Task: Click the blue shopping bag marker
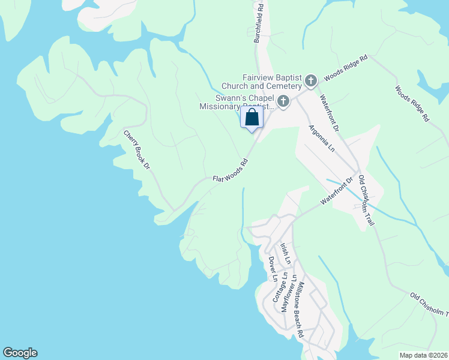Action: pos(252,117)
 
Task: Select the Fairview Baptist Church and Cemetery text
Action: pos(273,82)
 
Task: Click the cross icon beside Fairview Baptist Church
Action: pos(311,80)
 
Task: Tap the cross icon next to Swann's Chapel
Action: pos(283,101)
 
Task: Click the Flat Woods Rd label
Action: pos(231,171)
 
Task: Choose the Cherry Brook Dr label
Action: pos(136,149)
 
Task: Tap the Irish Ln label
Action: pos(286,254)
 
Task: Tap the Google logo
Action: pos(20,353)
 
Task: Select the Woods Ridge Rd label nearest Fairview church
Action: pos(346,69)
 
